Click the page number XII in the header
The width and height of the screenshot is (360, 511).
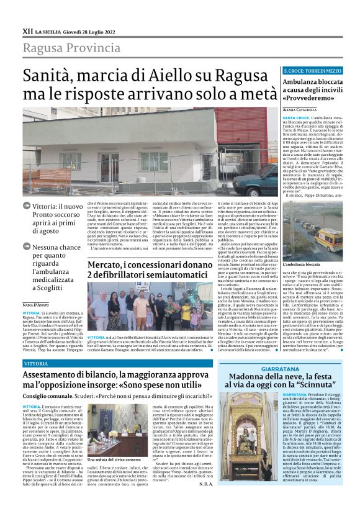click(27, 30)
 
